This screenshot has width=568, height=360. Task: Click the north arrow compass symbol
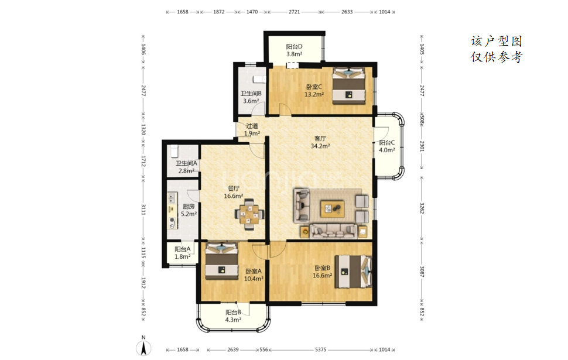pos(143,348)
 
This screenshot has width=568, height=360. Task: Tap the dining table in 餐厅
pos(249,214)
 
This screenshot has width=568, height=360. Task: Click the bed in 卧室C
pos(348,86)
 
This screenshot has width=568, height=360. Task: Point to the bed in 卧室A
pos(221,260)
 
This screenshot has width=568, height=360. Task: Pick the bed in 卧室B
pos(353,271)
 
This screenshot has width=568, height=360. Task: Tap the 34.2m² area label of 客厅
pos(320,146)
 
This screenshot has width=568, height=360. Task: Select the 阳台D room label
pos(294,47)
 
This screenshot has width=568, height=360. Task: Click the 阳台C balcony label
pos(387,143)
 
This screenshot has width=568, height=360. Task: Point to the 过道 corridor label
pos(252,126)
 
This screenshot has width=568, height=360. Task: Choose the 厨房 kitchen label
pos(189,207)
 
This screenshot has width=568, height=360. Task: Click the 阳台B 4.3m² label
pos(233,316)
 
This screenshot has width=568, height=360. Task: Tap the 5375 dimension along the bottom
pos(320,350)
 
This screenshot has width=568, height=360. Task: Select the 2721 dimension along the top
pos(294,12)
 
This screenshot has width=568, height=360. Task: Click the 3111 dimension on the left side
pos(143,210)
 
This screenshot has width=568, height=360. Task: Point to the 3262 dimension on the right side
pos(422,208)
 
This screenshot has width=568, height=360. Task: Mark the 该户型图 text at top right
pos(497,41)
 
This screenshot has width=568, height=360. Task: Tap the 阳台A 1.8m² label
pos(183,253)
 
